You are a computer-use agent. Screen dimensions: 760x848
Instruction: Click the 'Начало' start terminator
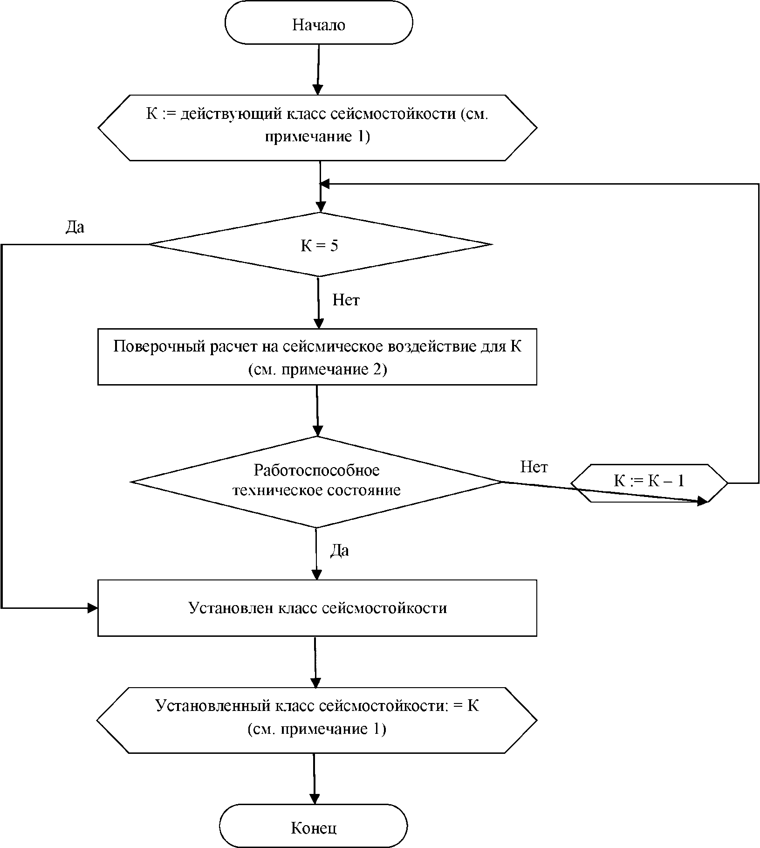[319, 22]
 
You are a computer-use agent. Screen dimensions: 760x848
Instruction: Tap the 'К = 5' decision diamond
[320, 244]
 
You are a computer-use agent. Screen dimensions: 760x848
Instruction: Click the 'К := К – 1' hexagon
[649, 483]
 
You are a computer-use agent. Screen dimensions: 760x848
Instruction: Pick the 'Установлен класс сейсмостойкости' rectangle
[317, 608]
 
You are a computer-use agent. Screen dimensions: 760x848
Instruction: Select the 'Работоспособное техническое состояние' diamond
[316, 482]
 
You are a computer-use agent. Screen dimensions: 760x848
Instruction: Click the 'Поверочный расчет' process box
[317, 357]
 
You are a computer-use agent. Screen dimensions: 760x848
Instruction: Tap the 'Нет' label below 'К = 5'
[346, 300]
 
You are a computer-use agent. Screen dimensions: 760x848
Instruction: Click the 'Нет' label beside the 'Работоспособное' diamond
[534, 467]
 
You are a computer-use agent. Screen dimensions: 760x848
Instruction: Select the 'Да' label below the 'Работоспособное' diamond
[339, 551]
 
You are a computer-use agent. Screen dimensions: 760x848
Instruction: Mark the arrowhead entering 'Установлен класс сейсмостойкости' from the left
[92, 608]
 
